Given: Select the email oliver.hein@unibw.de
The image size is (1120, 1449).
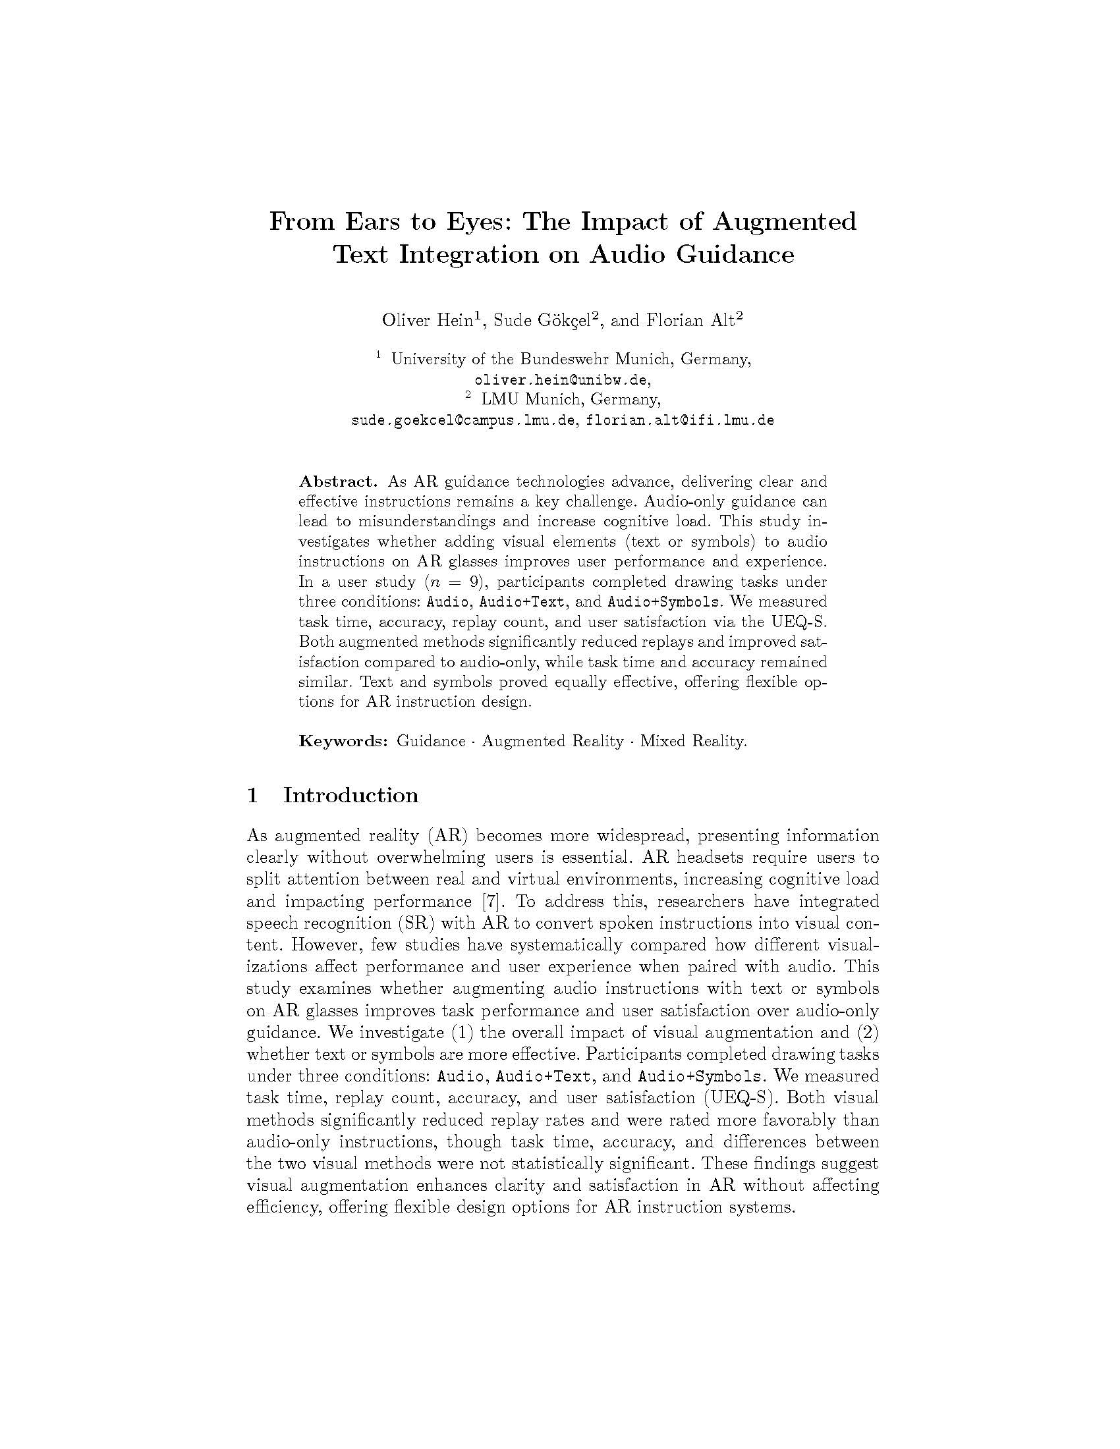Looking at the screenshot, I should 561,380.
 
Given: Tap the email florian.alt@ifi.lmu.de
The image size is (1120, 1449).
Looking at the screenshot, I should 680,421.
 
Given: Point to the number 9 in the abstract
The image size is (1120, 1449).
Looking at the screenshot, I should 473,582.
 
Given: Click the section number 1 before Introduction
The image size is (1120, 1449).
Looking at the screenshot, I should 252,795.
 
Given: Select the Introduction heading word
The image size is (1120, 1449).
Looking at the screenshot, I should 351,795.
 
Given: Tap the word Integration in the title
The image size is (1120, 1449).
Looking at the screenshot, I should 468,255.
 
